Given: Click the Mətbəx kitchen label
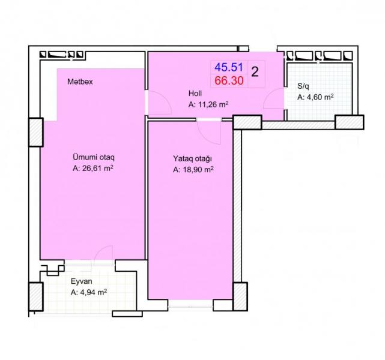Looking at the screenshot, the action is point(80,82).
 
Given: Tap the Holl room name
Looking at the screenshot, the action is point(195,93).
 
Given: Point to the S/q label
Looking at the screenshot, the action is point(303,86).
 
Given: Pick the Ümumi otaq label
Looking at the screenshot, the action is point(94,157).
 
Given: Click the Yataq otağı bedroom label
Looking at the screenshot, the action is point(192,158).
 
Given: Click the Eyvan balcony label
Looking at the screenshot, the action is point(82,281).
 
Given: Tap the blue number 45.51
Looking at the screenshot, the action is point(229,67).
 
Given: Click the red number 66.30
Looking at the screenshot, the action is point(229,80).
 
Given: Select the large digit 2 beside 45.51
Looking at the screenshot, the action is point(255,72).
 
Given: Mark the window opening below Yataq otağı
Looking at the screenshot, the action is point(190,306).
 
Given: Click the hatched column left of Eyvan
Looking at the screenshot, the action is point(36,297).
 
